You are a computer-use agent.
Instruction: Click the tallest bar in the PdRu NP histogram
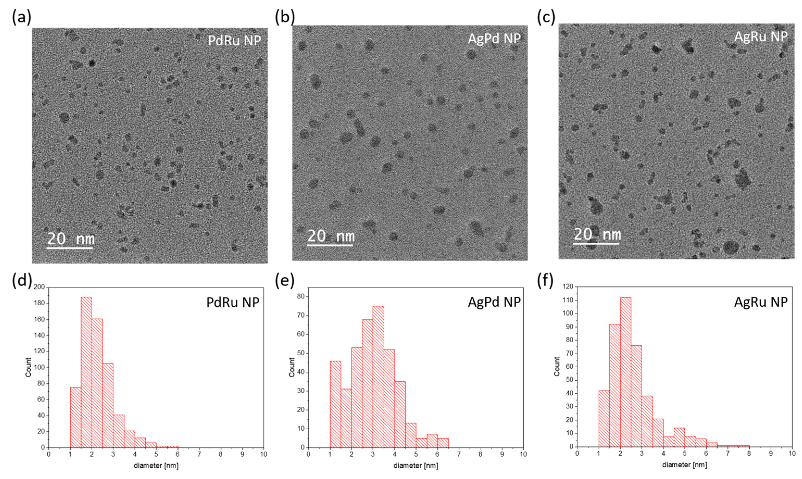[86, 371]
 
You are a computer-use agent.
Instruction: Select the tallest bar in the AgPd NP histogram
[378, 376]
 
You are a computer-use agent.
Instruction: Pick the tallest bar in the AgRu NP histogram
[625, 371]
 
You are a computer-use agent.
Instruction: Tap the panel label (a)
[21, 17]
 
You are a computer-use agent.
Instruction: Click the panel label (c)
[546, 17]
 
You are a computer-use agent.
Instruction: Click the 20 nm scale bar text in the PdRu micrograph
[71, 239]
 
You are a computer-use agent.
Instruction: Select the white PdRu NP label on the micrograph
[234, 41]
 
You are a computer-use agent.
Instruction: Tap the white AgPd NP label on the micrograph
[494, 39]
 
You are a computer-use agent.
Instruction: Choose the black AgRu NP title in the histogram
[761, 301]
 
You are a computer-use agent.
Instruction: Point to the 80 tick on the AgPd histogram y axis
[301, 296]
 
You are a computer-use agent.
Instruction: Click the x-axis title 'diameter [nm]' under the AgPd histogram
[416, 465]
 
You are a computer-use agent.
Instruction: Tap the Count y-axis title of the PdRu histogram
[28, 367]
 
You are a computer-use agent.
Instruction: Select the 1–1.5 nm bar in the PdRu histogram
[76, 417]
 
